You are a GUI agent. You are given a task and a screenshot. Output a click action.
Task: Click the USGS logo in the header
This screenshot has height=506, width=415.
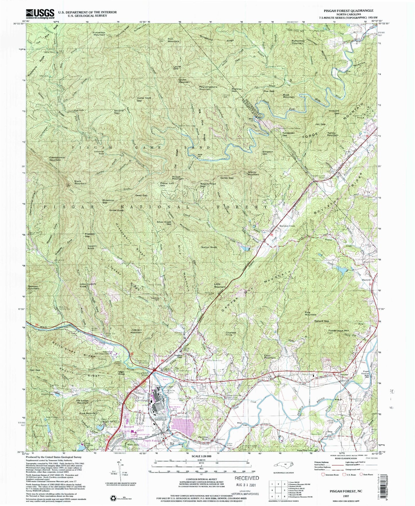[x=40, y=13]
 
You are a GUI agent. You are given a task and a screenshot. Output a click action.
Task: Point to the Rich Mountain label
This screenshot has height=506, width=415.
[x=173, y=40]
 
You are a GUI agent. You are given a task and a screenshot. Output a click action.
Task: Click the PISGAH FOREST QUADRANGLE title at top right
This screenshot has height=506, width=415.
[x=346, y=11]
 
